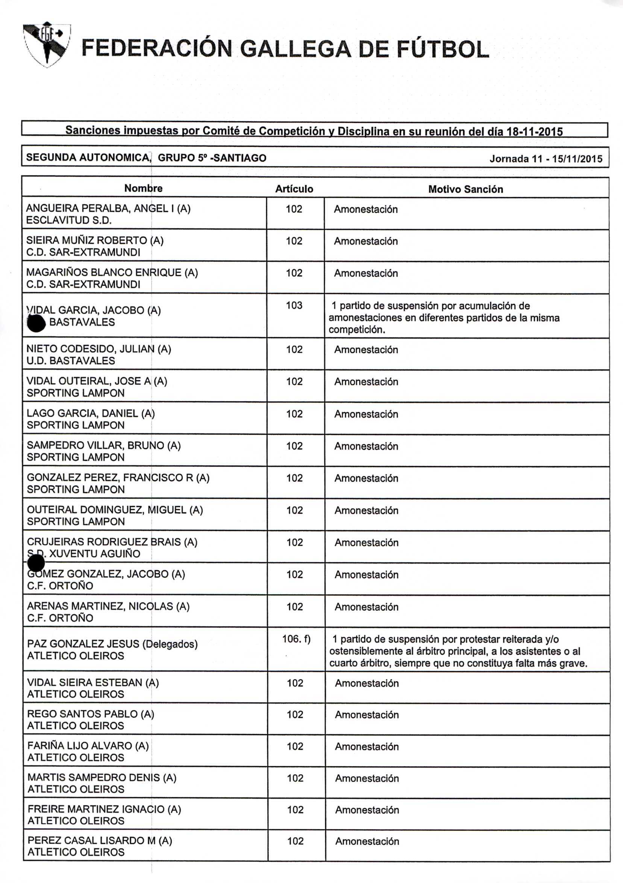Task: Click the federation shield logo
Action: click(46, 44)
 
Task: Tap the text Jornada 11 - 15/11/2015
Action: click(546, 158)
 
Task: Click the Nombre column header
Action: click(143, 188)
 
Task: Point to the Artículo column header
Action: click(294, 189)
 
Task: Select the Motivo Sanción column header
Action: click(465, 189)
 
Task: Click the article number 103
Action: click(294, 305)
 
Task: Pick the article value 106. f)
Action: click(296, 639)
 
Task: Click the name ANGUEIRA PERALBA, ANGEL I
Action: click(108, 208)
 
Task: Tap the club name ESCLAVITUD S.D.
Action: click(69, 220)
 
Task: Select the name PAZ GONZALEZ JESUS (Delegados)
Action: click(112, 644)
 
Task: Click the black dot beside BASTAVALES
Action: click(37, 323)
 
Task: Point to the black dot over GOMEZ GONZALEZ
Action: click(36, 564)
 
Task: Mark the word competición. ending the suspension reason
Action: click(357, 330)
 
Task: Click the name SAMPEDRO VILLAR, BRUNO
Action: click(103, 445)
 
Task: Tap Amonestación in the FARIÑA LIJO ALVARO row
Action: click(367, 746)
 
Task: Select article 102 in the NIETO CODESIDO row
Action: click(294, 349)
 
